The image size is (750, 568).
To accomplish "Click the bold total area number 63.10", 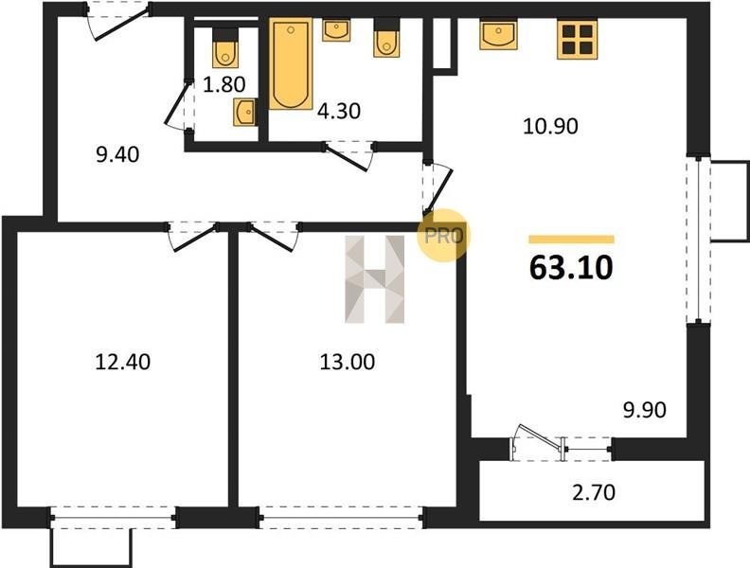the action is (571, 267).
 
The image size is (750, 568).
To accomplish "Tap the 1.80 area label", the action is (223, 84).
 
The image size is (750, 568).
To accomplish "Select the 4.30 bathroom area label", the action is (339, 111).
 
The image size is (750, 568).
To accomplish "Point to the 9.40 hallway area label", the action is (117, 154).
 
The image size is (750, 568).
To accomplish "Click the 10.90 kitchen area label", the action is (550, 126).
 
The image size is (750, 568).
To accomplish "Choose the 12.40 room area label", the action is (123, 362).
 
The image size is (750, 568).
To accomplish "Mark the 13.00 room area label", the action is (348, 362).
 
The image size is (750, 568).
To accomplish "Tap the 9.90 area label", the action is (644, 410).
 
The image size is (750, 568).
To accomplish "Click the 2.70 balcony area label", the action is (594, 492).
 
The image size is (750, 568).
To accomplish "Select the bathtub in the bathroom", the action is (291, 63).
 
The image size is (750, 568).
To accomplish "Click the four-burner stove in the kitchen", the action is (578, 40).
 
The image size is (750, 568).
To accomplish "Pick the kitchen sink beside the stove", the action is (498, 35).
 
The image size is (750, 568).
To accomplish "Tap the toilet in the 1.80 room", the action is (225, 48).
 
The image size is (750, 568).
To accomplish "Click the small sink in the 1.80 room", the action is (244, 113).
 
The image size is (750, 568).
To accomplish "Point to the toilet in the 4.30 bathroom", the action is (386, 38).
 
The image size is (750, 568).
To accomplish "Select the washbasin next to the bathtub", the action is (336, 29).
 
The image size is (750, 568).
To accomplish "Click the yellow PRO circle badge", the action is (444, 235).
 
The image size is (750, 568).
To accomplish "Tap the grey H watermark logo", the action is (374, 279).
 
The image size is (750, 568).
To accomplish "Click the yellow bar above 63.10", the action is (571, 240).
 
